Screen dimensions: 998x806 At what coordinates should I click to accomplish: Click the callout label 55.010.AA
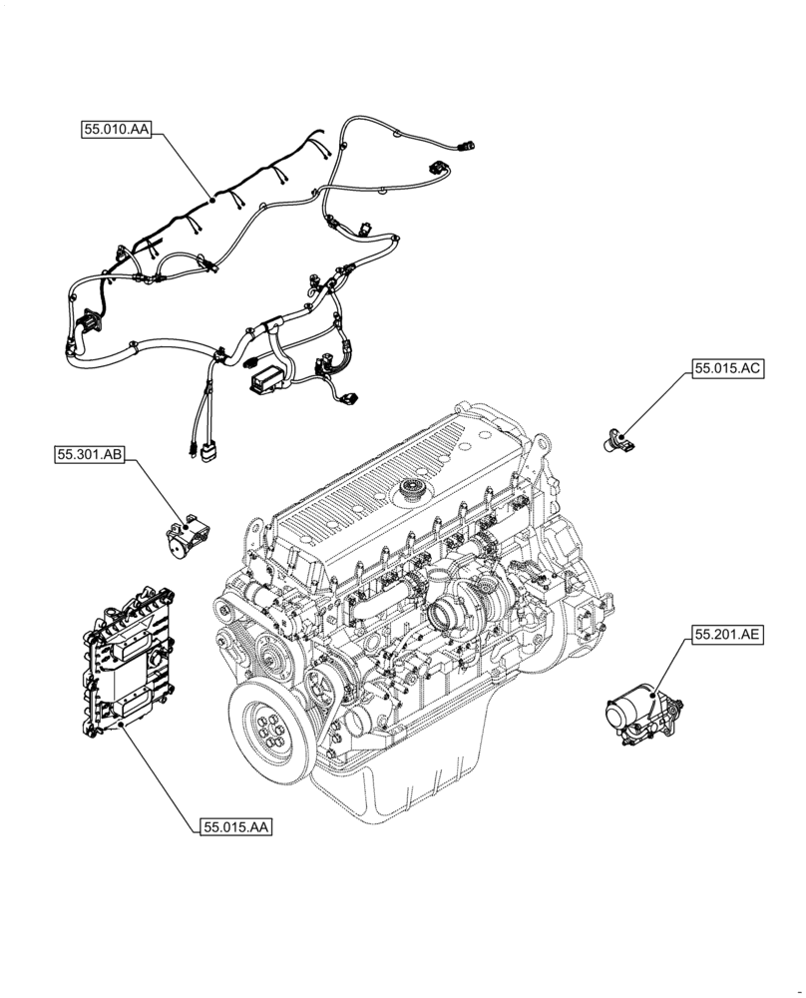pyautogui.click(x=116, y=129)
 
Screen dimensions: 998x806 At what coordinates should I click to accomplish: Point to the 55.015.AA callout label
pyautogui.click(x=236, y=826)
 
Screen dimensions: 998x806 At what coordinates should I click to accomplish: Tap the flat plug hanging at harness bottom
pyautogui.click(x=206, y=451)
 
